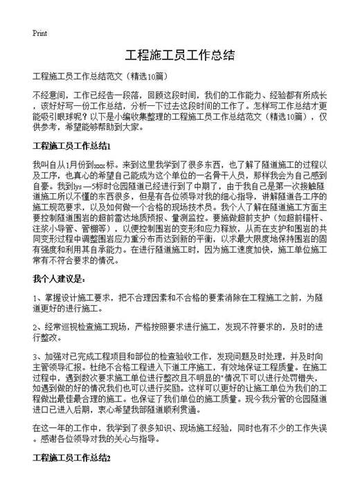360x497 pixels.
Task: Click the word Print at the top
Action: [x=39, y=33]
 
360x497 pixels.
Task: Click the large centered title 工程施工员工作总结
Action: [x=180, y=56]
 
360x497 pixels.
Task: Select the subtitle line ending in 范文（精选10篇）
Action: [x=98, y=76]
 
